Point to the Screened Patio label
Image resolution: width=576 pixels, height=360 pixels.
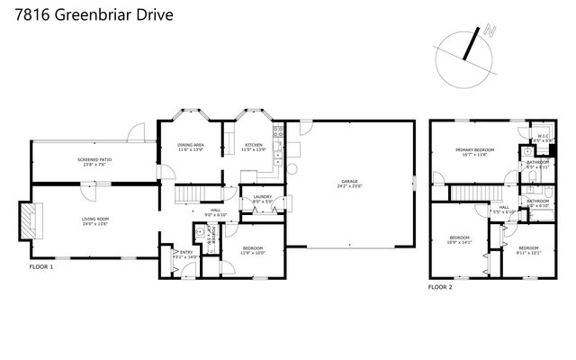pos(94,160)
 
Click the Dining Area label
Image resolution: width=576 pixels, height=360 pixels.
pos(190,145)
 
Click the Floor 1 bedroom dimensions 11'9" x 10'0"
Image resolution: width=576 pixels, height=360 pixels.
pos(253,253)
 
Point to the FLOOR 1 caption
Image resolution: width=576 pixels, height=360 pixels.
pos(41,267)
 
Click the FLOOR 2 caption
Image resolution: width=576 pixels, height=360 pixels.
pos(440,286)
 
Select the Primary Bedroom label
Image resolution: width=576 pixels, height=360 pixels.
pos(475,150)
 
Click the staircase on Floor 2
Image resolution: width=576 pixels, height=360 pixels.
pos(464,193)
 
